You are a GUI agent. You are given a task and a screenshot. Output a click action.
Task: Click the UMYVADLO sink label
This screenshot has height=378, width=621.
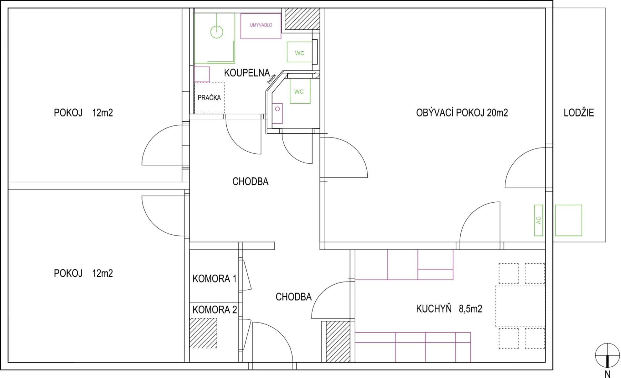tap(261, 25)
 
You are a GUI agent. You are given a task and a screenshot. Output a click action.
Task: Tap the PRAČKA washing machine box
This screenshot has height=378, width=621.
tap(209, 98)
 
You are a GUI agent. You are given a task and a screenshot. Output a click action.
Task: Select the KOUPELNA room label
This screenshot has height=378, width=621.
tap(247, 73)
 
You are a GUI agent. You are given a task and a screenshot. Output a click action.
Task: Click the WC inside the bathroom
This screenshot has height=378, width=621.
tap(299, 53)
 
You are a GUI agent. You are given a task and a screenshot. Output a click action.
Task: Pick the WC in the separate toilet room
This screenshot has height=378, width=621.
tap(299, 92)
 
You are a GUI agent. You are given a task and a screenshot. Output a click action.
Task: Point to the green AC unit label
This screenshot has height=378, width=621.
tap(539, 220)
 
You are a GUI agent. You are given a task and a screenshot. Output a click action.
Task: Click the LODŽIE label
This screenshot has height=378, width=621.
tap(579, 113)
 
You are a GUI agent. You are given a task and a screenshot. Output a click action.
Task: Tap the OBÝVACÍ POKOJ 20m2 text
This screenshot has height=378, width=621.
tap(462, 113)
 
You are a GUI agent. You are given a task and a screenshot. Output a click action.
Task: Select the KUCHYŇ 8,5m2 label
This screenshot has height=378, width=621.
tap(449, 309)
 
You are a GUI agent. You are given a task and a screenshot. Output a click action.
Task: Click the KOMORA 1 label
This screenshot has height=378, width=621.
tap(214, 279)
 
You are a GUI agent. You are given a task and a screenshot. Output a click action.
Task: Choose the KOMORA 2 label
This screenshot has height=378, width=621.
tap(214, 310)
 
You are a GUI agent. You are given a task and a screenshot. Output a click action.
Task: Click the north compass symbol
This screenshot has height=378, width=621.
tap(607, 355)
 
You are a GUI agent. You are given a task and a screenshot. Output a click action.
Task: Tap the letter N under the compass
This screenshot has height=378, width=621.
tap(608, 374)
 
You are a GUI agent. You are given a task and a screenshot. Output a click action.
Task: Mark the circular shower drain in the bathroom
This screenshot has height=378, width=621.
tap(217, 32)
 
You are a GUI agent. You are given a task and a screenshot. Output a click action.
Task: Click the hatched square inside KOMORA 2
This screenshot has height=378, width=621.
tap(203, 333)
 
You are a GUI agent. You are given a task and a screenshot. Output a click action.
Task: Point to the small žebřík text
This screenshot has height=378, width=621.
tap(272, 79)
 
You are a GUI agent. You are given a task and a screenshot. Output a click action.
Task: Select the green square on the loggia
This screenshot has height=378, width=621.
tap(568, 221)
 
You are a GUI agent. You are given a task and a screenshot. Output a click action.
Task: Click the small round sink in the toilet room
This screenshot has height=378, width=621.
tap(277, 109)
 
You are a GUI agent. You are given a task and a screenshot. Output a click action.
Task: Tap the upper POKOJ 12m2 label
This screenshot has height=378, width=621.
tap(83, 113)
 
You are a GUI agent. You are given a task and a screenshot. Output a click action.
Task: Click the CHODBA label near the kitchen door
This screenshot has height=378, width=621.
tap(293, 297)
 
